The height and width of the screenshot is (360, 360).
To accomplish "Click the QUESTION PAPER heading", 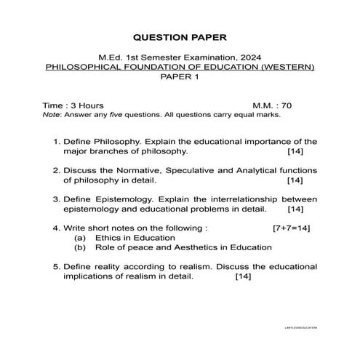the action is [x=180, y=36].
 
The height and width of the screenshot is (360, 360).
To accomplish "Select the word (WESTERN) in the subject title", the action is [x=289, y=67].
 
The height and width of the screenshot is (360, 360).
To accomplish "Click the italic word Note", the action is [x=51, y=114].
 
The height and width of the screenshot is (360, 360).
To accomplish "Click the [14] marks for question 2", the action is [x=295, y=180].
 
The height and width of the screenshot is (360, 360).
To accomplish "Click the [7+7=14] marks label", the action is [x=292, y=228].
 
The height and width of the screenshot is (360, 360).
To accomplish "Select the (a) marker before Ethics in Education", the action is [x=80, y=237].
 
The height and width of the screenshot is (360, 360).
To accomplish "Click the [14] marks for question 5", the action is [x=243, y=276].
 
